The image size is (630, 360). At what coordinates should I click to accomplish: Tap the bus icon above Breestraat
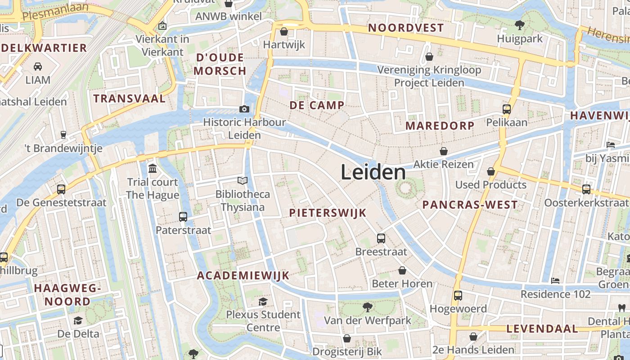click(381, 238)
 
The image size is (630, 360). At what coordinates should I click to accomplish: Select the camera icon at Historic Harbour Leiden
click(244, 109)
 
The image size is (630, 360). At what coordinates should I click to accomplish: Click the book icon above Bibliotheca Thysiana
click(243, 181)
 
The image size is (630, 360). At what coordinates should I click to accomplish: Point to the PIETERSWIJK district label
click(328, 213)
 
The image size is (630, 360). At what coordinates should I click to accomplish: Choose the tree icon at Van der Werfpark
click(368, 307)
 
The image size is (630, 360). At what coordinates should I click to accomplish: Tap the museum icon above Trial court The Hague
click(153, 169)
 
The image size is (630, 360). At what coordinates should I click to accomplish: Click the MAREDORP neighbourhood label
click(440, 126)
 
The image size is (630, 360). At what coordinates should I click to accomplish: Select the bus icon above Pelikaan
click(507, 109)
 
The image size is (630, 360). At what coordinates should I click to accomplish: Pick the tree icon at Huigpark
click(520, 25)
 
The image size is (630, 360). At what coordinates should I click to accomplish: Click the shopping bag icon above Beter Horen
click(402, 270)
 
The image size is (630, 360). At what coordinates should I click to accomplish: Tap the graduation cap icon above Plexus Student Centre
click(263, 301)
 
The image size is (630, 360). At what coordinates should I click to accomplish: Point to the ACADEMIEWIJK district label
click(243, 276)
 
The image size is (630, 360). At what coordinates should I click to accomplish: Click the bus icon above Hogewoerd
click(458, 296)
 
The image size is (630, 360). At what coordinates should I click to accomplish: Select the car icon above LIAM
click(38, 67)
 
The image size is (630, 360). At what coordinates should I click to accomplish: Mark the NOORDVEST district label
click(406, 28)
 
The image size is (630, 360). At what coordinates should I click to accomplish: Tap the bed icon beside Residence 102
click(555, 281)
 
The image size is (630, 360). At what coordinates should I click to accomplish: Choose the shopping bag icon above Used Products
click(491, 171)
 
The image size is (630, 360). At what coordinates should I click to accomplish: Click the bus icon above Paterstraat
click(183, 217)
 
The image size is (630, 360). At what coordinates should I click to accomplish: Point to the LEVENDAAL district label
click(542, 329)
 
